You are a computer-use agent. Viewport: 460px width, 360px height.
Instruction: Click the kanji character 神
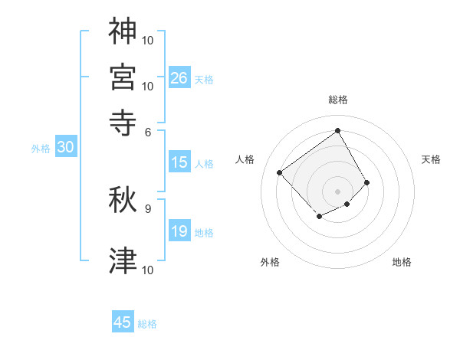tap(123, 30)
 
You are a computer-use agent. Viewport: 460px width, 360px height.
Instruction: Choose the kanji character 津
tap(123, 260)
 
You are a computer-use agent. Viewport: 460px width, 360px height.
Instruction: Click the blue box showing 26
tap(179, 77)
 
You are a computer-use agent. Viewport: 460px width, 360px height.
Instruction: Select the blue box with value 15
tap(179, 162)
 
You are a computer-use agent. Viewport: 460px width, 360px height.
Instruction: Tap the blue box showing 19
tap(179, 231)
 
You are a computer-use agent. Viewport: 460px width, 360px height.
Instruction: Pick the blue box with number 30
tap(65, 148)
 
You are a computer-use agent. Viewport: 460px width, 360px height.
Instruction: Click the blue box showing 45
tap(123, 322)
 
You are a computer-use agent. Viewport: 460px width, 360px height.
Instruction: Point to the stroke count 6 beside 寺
tap(148, 132)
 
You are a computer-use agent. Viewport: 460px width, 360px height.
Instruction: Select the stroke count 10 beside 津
tap(148, 270)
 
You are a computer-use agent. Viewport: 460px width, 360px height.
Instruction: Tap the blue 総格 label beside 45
tap(147, 324)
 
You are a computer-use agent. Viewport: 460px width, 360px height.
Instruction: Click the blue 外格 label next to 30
tap(40, 149)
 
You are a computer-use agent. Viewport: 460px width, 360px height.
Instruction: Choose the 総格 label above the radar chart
tap(337, 100)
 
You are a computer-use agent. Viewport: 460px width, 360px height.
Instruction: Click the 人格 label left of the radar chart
tap(245, 159)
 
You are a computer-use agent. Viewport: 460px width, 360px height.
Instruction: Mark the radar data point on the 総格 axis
tap(337, 130)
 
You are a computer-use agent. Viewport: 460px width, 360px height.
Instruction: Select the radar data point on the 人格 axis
tap(280, 172)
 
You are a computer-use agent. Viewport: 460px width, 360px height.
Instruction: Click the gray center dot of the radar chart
tap(337, 191)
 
